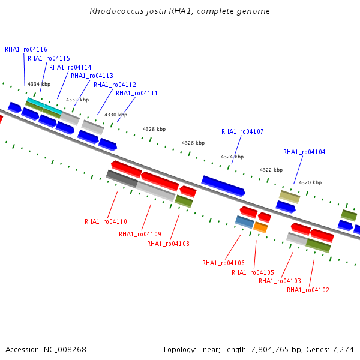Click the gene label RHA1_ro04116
coord(26,50)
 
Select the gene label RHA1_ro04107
coord(242,132)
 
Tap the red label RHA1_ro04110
coord(106,221)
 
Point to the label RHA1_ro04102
coord(308,290)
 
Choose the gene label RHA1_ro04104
coord(304,152)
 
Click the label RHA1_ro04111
coord(137,94)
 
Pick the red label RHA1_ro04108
coord(168,244)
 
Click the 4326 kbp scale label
coord(193,143)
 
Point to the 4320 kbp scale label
coord(310,182)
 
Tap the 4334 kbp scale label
coord(39,84)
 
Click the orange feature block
coord(260,227)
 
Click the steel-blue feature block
coord(245,222)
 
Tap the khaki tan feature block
coord(290,197)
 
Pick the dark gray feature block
coord(122,179)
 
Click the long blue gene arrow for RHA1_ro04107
coord(223,186)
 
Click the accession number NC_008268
coord(65,350)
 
